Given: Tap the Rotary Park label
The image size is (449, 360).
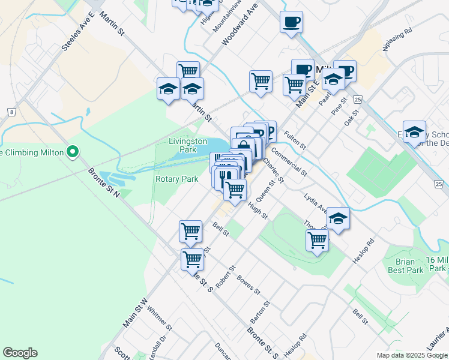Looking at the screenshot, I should (x=176, y=179).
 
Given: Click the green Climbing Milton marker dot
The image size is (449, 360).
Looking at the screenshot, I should (x=73, y=152).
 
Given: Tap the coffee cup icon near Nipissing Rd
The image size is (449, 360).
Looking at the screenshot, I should (x=291, y=22).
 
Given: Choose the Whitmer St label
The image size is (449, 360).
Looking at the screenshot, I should (x=160, y=320).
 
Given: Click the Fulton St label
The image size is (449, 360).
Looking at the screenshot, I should (x=295, y=141).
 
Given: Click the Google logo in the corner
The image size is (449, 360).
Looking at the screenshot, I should (x=20, y=353).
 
